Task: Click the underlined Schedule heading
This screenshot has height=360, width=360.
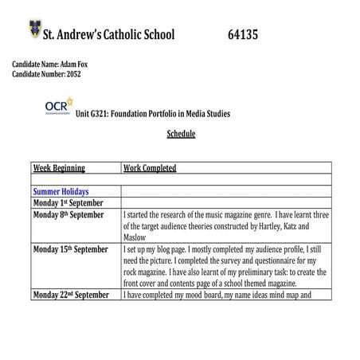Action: [x=181, y=133]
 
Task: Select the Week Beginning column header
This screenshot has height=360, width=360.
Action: [x=59, y=168]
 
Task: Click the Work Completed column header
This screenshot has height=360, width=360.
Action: [x=151, y=168]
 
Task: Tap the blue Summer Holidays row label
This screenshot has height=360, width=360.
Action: [x=61, y=192]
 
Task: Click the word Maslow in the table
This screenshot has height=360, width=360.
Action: [x=136, y=237]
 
